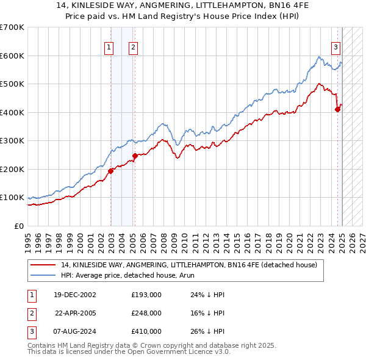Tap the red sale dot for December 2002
[111, 171]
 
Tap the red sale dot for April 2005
[135, 156]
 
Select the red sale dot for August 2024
[337, 110]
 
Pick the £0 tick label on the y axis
[18, 226]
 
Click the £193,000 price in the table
[146, 294]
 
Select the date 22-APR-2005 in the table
[76, 313]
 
